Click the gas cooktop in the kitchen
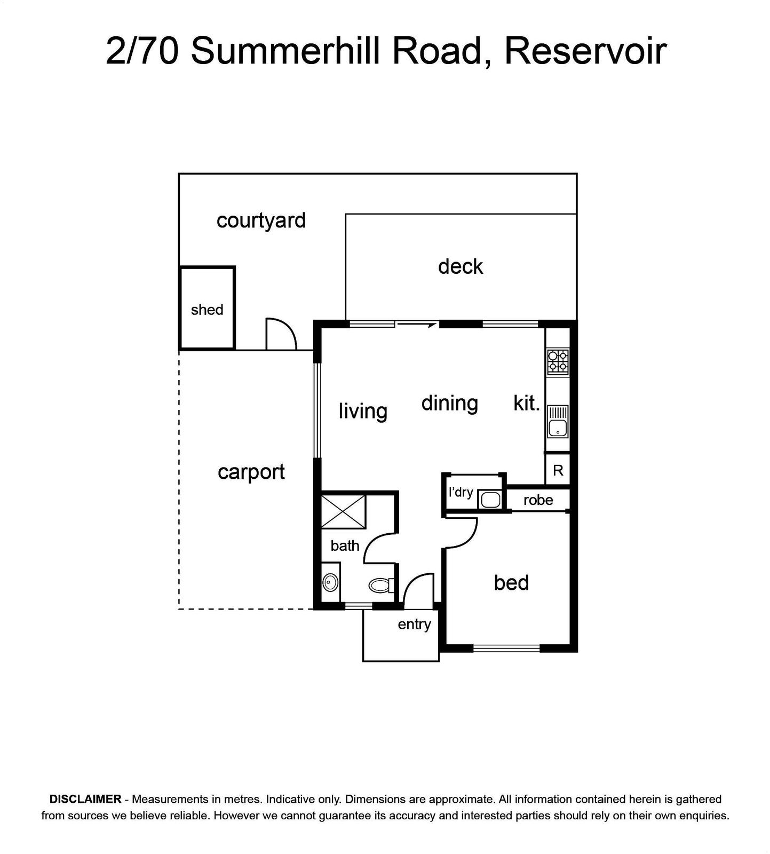coord(558,362)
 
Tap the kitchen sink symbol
coord(558,421)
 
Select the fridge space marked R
coord(558,470)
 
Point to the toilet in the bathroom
coord(382,585)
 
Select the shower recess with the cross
coord(343,512)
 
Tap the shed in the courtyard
coord(207,309)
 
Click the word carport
coord(251,472)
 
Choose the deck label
coord(461,266)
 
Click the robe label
coord(538,500)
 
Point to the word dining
coord(449,404)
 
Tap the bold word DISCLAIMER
coord(85,799)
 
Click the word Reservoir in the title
coord(585,51)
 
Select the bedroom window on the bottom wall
coord(506,649)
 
